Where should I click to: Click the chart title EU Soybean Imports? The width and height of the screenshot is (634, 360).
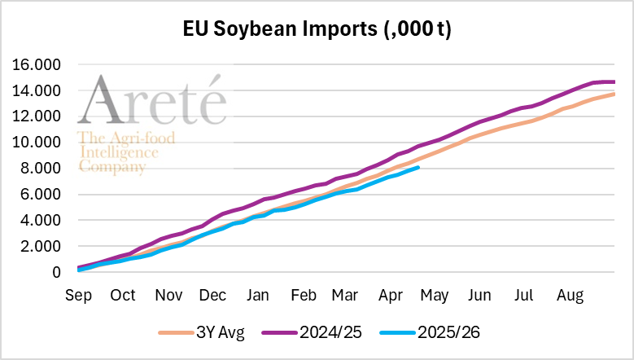point(317,29)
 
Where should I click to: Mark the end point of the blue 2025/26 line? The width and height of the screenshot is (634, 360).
point(418,167)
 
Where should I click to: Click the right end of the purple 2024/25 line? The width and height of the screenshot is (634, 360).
point(614,81)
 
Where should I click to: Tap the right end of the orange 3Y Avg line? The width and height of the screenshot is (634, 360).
point(614,94)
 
